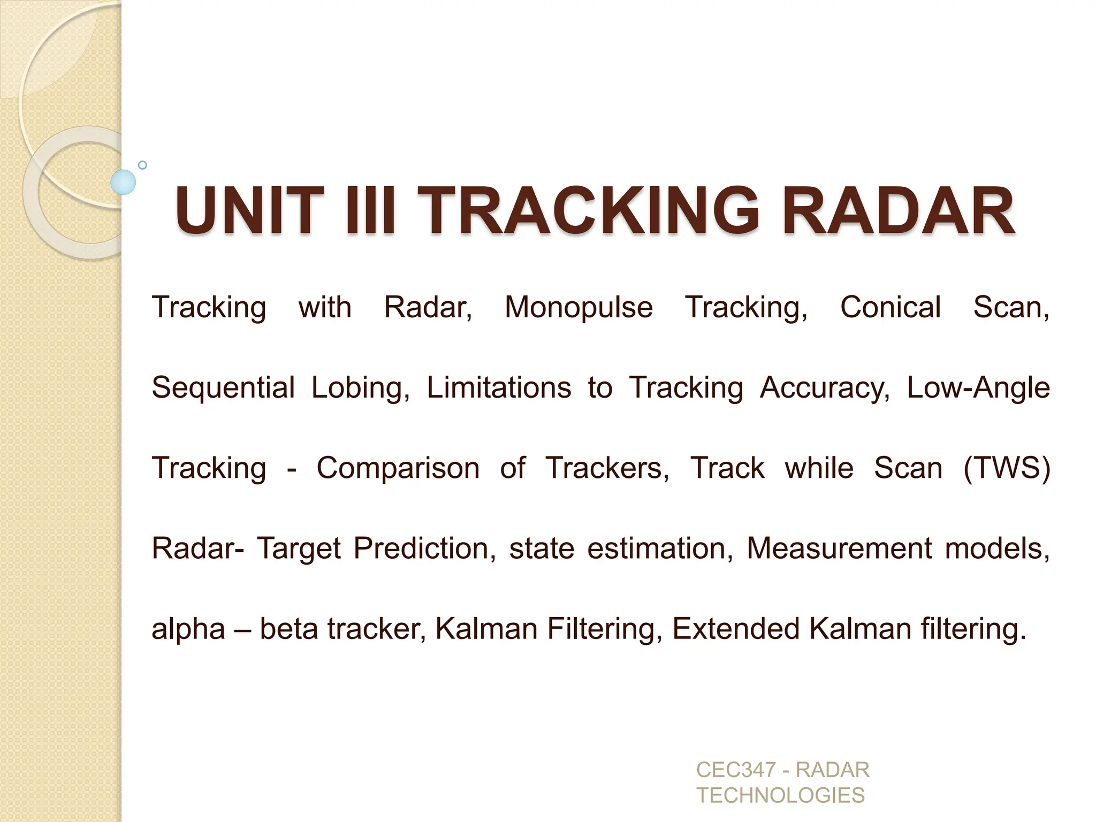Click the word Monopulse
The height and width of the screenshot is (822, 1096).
[579, 308]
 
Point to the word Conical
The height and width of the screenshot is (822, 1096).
[890, 308]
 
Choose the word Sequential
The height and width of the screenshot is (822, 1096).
[223, 388]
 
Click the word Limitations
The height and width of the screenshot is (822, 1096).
[499, 388]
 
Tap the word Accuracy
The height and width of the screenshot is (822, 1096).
[825, 388]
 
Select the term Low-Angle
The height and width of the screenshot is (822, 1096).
[978, 388]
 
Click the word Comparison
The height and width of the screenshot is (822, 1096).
[398, 468]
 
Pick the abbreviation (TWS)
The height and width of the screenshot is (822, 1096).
[1007, 468]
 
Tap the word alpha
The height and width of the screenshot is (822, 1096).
[188, 629]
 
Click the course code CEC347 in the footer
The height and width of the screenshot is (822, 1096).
[736, 770]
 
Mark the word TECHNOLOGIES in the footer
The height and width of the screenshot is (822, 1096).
[780, 796]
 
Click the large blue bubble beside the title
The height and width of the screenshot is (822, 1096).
[123, 182]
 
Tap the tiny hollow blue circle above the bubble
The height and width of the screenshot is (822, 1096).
[142, 165]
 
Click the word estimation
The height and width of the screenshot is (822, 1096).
[660, 549]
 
